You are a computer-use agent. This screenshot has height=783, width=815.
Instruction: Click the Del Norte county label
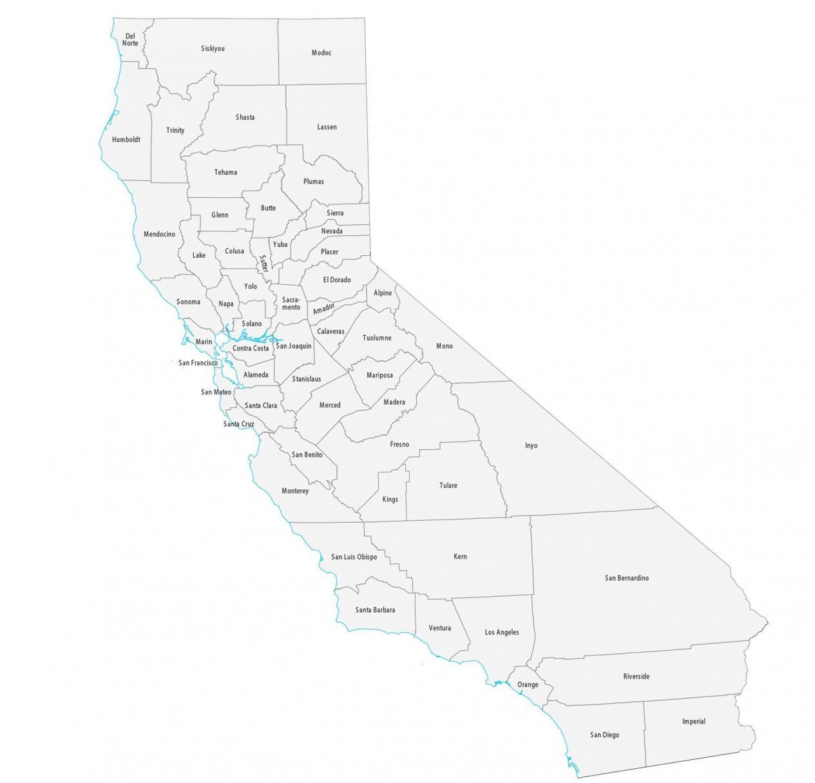[130, 40]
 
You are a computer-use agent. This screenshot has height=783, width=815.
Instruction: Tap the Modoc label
[321, 53]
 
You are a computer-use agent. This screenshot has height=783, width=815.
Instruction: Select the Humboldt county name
[126, 139]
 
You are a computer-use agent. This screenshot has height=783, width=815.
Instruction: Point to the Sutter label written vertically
[263, 264]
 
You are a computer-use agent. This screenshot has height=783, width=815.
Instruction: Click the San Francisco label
[198, 363]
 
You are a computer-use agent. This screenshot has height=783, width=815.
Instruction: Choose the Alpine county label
[383, 293]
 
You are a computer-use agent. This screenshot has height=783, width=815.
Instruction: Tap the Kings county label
[390, 499]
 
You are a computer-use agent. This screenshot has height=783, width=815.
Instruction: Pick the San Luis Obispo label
[354, 557]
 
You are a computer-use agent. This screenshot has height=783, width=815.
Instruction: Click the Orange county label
[528, 684]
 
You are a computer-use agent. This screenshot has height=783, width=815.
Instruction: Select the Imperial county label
[694, 721]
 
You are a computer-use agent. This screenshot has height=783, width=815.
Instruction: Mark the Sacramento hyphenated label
[291, 303]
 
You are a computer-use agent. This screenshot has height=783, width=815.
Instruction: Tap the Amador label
[323, 309]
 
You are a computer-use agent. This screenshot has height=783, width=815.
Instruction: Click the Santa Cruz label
[238, 424]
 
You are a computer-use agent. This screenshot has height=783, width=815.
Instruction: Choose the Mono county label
[445, 346]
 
